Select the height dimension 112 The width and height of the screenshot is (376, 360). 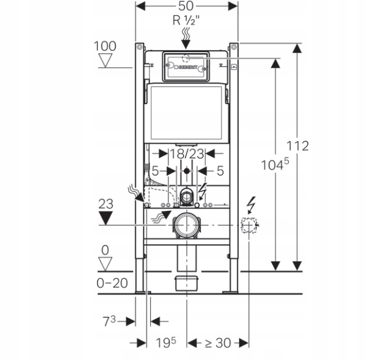pos(298,146)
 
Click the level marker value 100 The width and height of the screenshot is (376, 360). pos(105,46)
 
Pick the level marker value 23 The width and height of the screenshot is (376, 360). pos(105,204)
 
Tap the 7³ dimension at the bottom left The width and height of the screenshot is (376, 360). pos(109,321)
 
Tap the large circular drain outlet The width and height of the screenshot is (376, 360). pos(186,225)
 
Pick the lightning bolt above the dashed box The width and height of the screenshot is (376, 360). pos(249,205)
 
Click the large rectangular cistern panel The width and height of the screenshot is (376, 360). pos(188,114)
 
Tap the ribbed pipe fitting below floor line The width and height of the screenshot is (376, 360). pos(186,283)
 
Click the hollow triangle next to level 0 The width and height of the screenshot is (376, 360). pos(107,263)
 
